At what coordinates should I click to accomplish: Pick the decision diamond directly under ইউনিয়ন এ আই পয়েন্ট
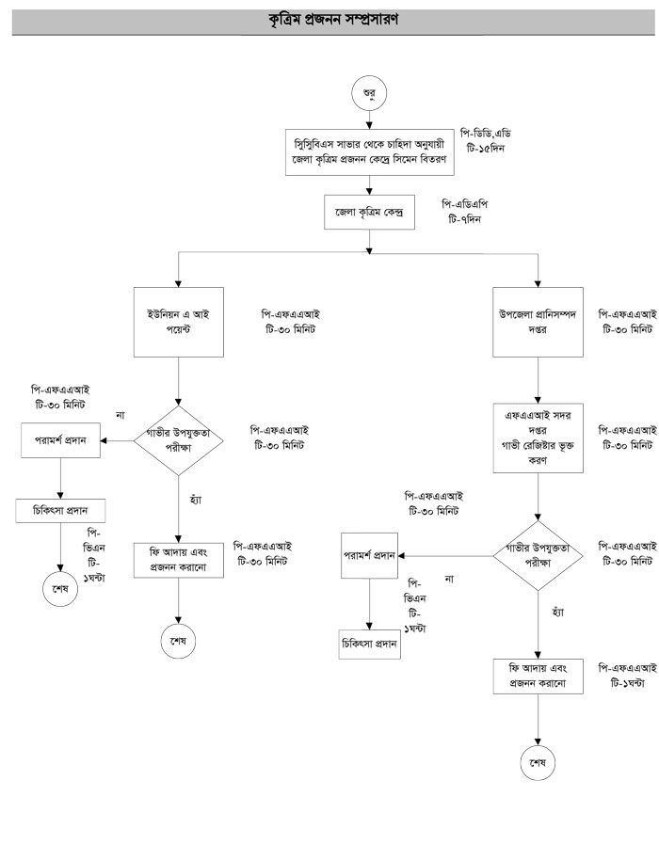[179, 439]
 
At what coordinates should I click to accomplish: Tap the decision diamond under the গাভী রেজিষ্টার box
[538, 554]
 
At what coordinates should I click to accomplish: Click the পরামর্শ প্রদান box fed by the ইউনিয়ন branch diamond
[61, 439]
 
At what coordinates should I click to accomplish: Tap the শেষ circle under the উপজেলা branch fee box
[538, 760]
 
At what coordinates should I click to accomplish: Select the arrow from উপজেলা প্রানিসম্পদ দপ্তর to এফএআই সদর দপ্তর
[538, 379]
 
